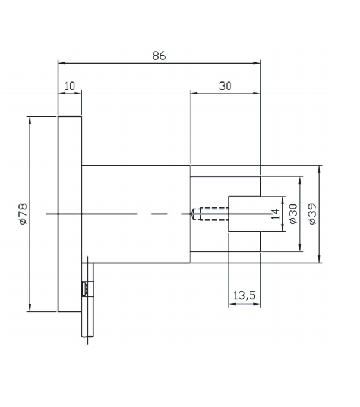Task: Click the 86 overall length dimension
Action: (x=159, y=55)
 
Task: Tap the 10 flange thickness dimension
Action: (x=70, y=86)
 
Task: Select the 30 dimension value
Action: (x=225, y=86)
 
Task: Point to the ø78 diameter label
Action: (x=23, y=213)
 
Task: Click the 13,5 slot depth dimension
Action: (x=244, y=295)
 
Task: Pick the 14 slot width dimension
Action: (x=275, y=214)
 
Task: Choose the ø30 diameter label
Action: (x=292, y=214)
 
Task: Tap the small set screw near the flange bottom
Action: (x=85, y=289)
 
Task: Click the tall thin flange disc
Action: (x=69, y=213)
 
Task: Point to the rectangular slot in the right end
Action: (x=245, y=213)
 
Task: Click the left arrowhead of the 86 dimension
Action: (x=60, y=62)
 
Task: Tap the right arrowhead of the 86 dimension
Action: (x=258, y=62)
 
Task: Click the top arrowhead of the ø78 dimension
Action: (x=29, y=119)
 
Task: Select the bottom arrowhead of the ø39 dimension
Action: (x=320, y=259)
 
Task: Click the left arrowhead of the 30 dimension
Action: (x=192, y=92)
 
